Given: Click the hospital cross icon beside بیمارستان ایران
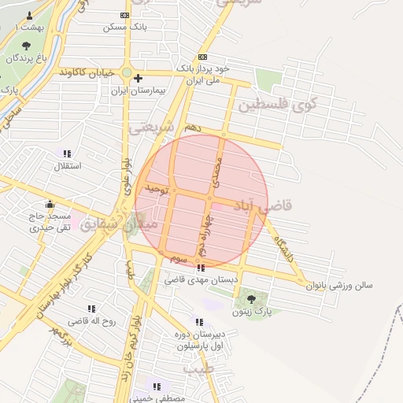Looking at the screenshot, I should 139,78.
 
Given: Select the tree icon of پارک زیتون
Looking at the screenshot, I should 251,298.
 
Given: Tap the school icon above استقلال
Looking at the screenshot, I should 67,153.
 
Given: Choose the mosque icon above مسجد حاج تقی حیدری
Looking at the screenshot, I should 50,203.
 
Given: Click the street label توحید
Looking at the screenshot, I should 157,190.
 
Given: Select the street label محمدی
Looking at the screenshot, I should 217,172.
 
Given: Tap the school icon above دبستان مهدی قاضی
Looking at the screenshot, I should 201,268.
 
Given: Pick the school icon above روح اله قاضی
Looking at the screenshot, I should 91,309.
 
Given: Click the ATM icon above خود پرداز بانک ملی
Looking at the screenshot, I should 203,57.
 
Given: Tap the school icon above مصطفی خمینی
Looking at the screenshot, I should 157,386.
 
